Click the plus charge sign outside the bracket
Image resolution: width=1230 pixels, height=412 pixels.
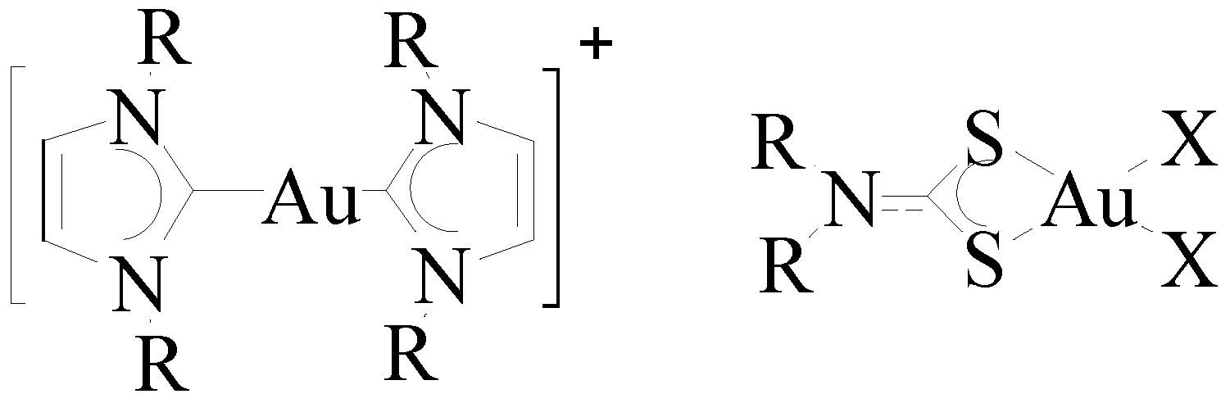pyautogui.click(x=596, y=47)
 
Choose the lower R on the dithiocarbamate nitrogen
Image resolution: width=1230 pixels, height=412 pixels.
pyautogui.click(x=787, y=269)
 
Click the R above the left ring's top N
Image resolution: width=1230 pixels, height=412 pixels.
pyautogui.click(x=166, y=40)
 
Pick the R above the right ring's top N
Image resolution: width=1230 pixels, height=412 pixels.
pyautogui.click(x=411, y=40)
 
